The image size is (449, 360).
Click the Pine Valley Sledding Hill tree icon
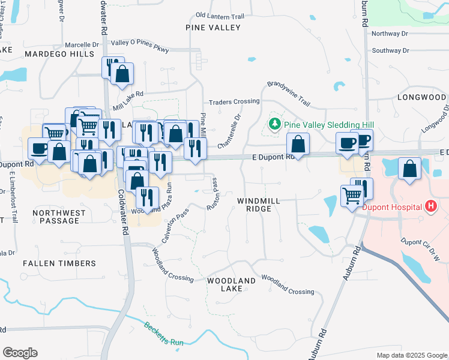coord(275,124)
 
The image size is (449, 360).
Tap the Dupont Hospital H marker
coord(430,207)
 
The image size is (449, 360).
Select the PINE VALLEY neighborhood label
coord(213,28)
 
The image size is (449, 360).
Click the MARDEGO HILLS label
coord(59,54)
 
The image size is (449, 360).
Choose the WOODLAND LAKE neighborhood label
coord(232,284)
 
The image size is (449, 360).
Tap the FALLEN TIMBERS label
coord(59,263)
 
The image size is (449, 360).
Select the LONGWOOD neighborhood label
coord(421,97)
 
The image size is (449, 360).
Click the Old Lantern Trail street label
coord(220,16)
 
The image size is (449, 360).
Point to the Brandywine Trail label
coord(289,93)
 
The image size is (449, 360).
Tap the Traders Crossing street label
coord(234,102)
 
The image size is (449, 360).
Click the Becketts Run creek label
coord(163,334)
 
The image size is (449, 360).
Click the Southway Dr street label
coord(390,50)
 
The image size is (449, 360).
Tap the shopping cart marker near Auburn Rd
coord(352,195)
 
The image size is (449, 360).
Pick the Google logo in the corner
coord(20,353)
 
